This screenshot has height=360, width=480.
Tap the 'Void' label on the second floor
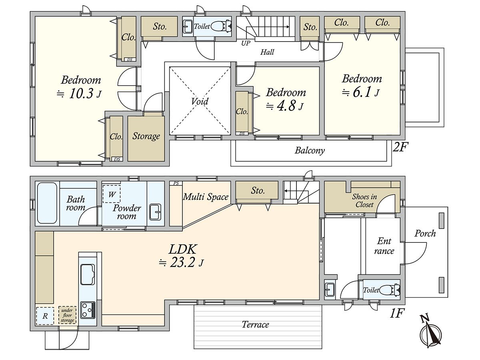(x=200, y=101)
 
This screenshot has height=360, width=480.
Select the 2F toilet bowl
(x=221, y=26)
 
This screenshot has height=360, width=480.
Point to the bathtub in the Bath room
(x=47, y=203)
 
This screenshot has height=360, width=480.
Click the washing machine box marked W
(x=112, y=194)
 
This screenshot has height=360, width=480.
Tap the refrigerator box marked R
(x=45, y=316)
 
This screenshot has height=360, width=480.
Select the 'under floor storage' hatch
(x=67, y=315)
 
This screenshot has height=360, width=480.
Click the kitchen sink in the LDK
(x=88, y=274)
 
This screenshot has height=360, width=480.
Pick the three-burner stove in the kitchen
(x=88, y=310)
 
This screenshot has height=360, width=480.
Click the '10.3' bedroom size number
(x=81, y=94)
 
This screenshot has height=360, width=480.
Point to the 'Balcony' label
(x=310, y=151)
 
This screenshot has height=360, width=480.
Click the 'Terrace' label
(x=255, y=324)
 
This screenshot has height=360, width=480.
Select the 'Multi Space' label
(x=206, y=197)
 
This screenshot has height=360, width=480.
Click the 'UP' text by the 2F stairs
(x=246, y=43)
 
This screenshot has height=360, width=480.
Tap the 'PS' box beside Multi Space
(x=176, y=183)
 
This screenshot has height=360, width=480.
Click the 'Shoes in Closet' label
(x=364, y=201)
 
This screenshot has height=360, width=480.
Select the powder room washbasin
(x=155, y=212)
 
